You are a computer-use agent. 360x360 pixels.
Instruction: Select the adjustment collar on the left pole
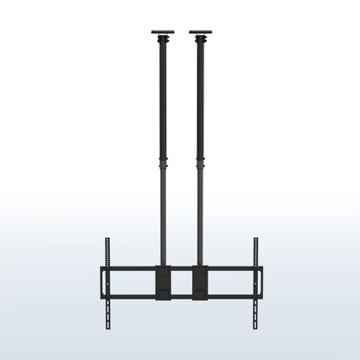pos(162,164)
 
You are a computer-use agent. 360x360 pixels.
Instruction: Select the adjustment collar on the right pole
pos(201,164)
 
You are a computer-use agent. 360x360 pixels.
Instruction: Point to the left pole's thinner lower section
pos(162,216)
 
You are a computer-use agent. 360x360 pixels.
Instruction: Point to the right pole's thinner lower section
pos(201,216)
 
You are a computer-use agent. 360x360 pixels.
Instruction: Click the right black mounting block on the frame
pos(200,282)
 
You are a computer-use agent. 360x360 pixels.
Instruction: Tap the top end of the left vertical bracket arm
pos(107,240)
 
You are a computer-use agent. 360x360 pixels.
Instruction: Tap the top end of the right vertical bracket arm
pos(255,240)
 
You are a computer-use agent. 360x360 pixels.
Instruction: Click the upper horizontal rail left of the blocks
pos(130,269)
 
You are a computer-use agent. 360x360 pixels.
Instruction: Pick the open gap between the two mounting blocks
pos(181,282)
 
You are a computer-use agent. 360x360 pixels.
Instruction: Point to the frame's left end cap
pos(101,282)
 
